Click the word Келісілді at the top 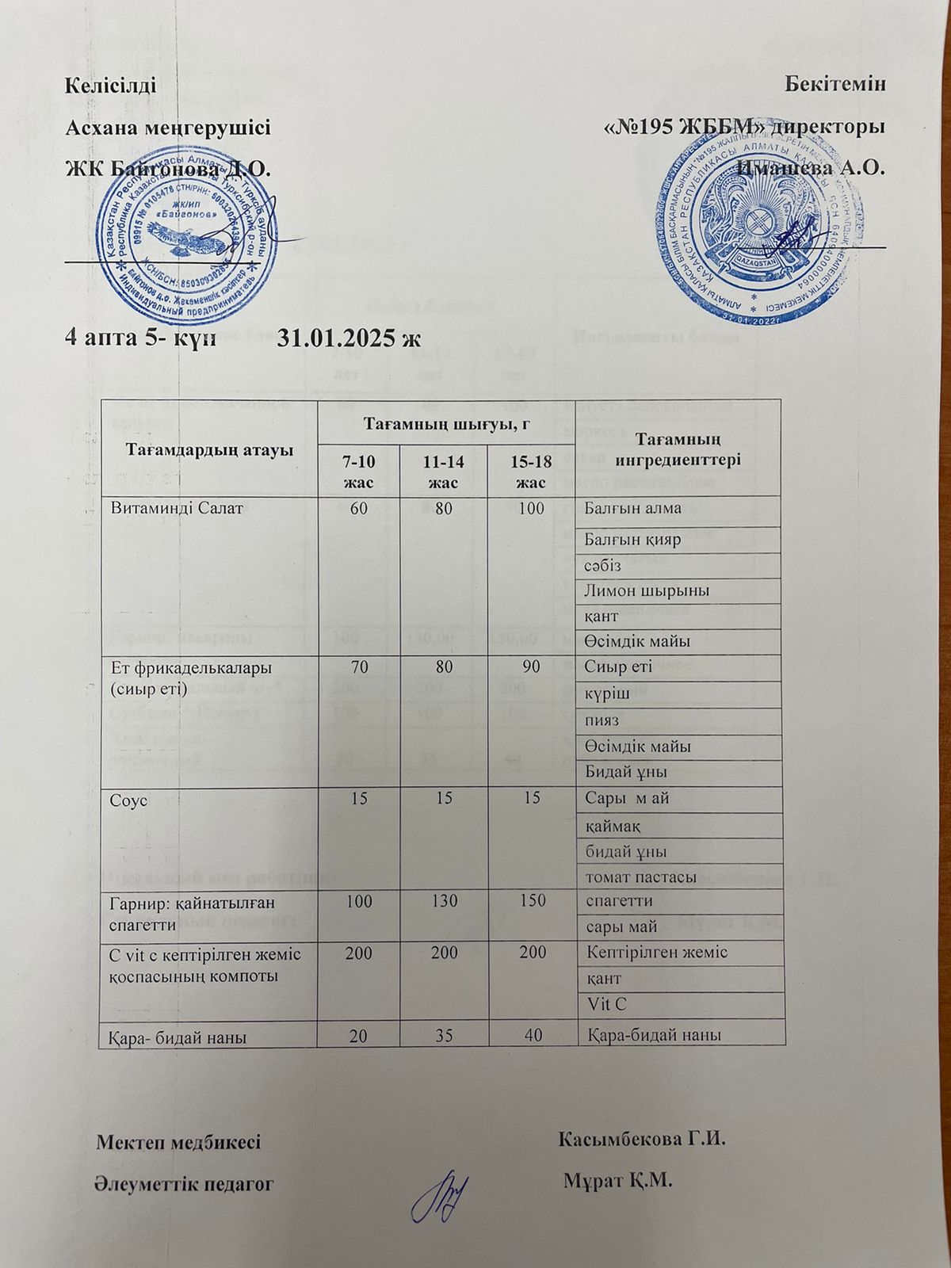105,85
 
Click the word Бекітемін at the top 835,85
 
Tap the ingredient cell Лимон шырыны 646,590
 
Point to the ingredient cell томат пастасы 640,877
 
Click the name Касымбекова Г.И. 641,1140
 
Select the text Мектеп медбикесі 178,1143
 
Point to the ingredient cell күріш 605,693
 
